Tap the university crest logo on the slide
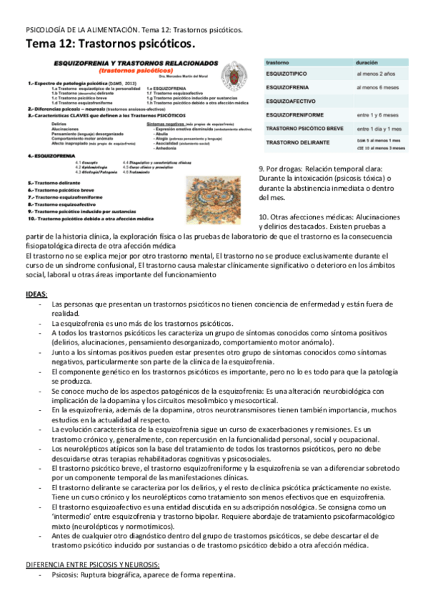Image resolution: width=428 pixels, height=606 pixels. click(x=234, y=76)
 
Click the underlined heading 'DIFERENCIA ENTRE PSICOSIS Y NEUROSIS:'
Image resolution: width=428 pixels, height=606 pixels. click(x=93, y=564)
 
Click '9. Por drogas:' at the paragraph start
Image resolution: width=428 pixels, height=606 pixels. click(x=283, y=169)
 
